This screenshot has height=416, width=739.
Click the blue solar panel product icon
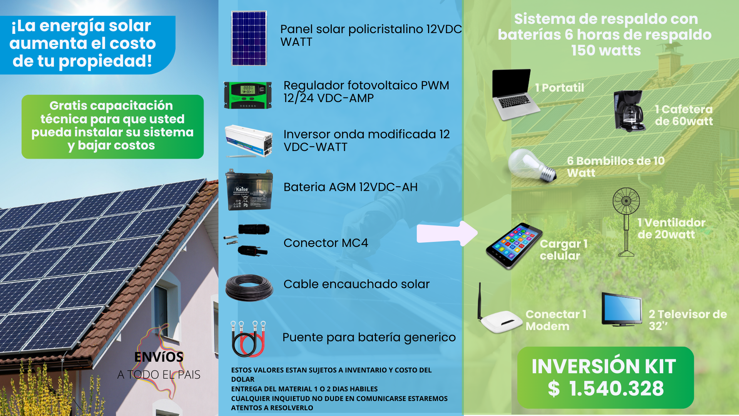tap(249, 38)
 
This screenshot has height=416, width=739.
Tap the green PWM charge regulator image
tap(248, 95)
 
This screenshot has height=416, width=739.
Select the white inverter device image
tap(249, 141)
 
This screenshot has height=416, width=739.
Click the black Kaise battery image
tap(249, 190)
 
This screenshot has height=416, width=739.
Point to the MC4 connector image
tap(246, 240)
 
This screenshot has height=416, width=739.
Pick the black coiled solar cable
tap(249, 287)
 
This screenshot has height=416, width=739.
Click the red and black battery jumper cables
tap(248, 339)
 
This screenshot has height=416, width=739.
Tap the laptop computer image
tap(515, 94)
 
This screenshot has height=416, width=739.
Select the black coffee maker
tap(629, 111)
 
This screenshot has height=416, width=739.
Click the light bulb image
tap(532, 166)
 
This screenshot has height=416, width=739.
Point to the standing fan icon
tap(626, 221)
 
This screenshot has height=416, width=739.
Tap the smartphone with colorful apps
tap(514, 246)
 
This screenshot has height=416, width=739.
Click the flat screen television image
tap(622, 309)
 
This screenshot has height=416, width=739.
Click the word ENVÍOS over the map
tap(159, 357)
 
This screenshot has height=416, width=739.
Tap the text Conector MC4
tap(326, 243)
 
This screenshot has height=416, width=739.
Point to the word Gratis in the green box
tap(68, 106)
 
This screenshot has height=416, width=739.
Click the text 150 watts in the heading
tap(606, 50)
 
